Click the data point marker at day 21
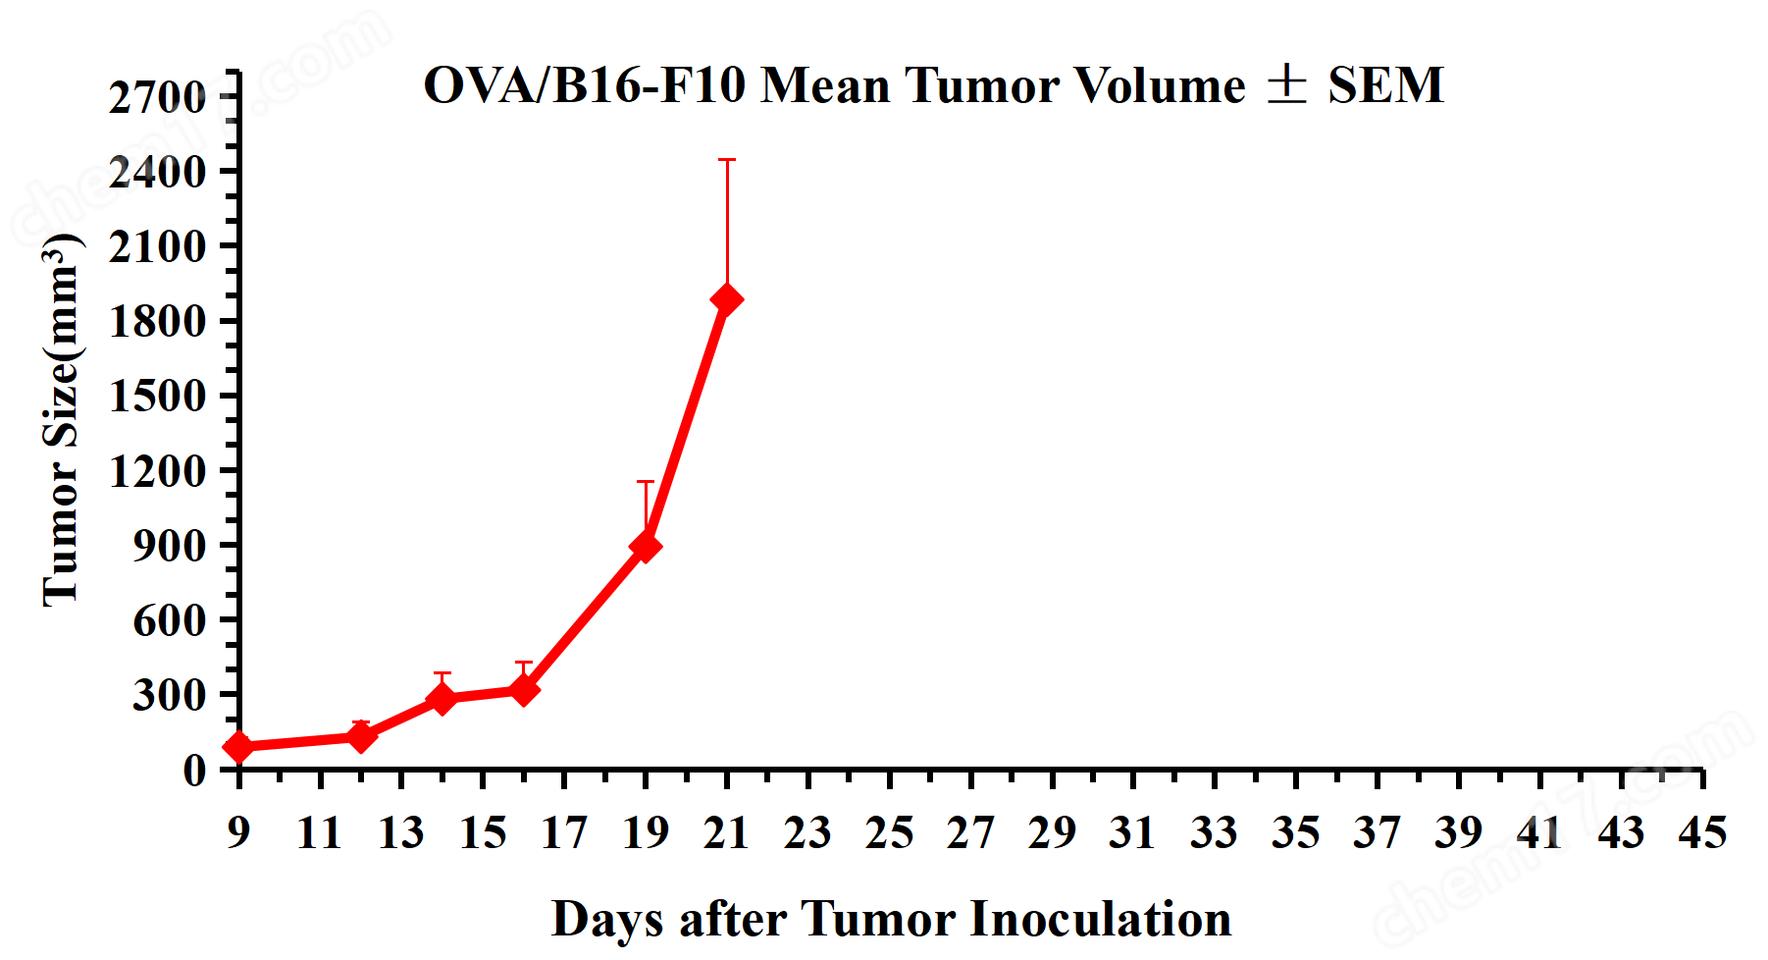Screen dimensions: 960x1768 [x=727, y=299]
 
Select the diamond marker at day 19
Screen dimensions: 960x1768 [x=645, y=546]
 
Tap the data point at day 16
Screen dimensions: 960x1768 [x=524, y=690]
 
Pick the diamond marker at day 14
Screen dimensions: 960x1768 [x=442, y=698]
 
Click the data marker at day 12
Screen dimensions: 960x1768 [x=361, y=735]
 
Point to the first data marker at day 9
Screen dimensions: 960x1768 [x=238, y=747]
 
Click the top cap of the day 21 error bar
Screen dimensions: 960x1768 [x=727, y=160]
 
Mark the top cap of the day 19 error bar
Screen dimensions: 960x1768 [x=645, y=481]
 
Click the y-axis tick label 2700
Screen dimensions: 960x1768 [x=157, y=98]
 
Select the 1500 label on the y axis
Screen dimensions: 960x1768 [x=157, y=397]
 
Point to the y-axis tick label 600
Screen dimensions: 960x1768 [x=169, y=620]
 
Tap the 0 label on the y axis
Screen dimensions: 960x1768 [x=194, y=770]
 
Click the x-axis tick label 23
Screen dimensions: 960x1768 [x=807, y=833]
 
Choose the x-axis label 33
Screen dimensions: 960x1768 [x=1214, y=833]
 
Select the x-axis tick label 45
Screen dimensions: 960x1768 [x=1701, y=833]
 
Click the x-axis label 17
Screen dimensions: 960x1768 [x=563, y=833]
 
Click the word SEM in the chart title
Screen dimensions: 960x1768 [x=1385, y=85]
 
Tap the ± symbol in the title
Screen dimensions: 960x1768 [x=1286, y=84]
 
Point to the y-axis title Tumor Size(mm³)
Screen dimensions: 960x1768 [x=61, y=420]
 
